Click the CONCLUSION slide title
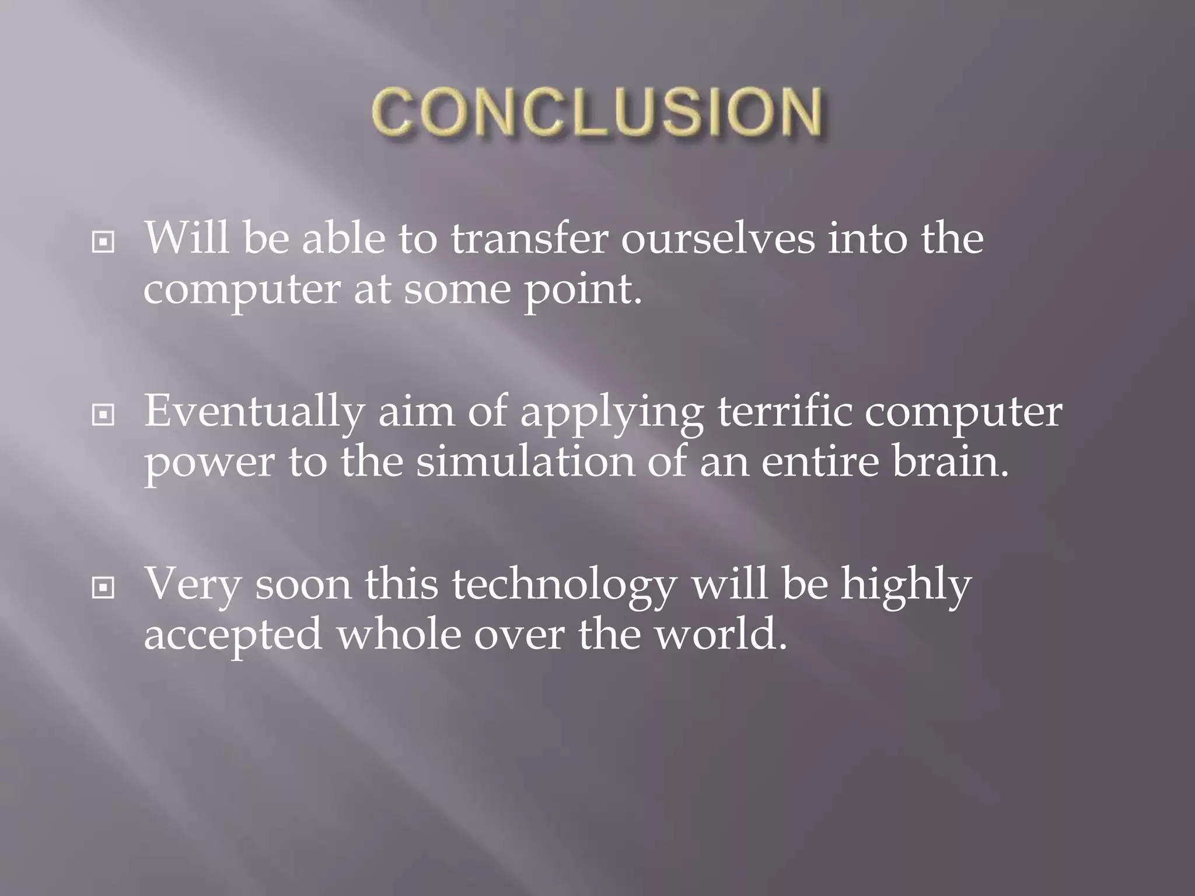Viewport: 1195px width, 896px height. (x=597, y=113)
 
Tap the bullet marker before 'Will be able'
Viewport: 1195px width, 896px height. (x=103, y=242)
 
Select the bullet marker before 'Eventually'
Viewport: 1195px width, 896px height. (x=103, y=415)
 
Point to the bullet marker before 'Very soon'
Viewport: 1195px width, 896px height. (x=103, y=588)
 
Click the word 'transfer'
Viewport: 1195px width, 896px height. (x=529, y=239)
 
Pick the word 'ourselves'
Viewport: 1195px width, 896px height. (x=717, y=239)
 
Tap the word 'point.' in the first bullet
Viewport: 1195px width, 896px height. (x=583, y=290)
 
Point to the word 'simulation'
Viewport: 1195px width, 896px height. (x=525, y=461)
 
